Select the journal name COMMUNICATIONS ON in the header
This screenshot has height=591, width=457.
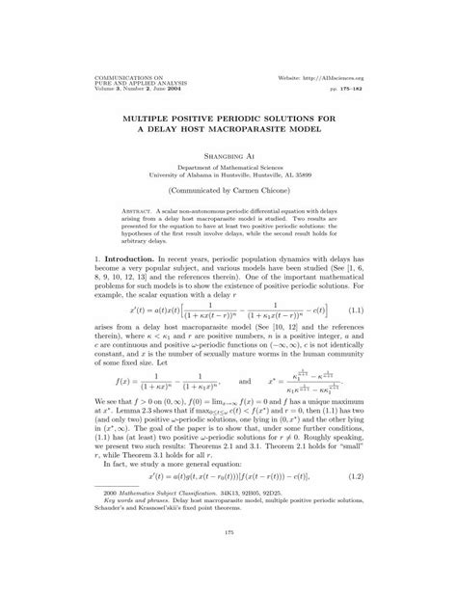coord(99,73)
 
